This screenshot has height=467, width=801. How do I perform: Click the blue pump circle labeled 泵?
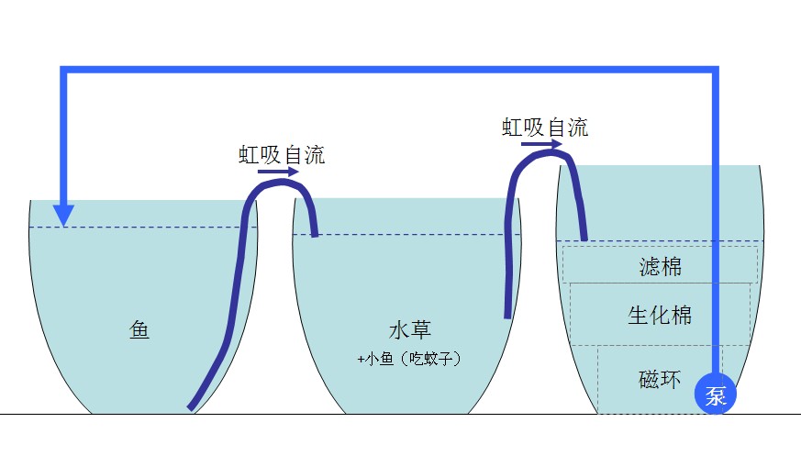tap(716, 395)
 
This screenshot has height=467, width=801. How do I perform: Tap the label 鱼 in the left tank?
tap(139, 329)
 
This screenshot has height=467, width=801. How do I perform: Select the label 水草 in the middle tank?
tap(410, 330)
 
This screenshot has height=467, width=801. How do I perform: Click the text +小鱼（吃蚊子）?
tap(409, 360)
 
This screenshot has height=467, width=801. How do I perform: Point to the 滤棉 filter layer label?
tap(661, 267)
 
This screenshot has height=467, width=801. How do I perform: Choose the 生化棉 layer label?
tap(660, 316)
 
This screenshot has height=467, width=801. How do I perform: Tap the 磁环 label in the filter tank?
tap(661, 377)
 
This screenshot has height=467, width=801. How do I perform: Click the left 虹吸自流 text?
tap(282, 154)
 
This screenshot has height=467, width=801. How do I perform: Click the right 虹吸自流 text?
tap(545, 127)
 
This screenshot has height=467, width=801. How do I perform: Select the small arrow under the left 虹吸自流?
tap(278, 171)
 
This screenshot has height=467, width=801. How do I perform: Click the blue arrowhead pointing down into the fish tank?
tap(63, 215)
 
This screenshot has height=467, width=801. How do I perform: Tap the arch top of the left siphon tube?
tap(277, 183)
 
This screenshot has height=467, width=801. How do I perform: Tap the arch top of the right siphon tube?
tap(545, 152)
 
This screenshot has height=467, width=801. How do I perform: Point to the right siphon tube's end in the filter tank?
tap(584, 238)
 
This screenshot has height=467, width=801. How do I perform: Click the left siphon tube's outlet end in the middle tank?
tap(315, 234)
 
